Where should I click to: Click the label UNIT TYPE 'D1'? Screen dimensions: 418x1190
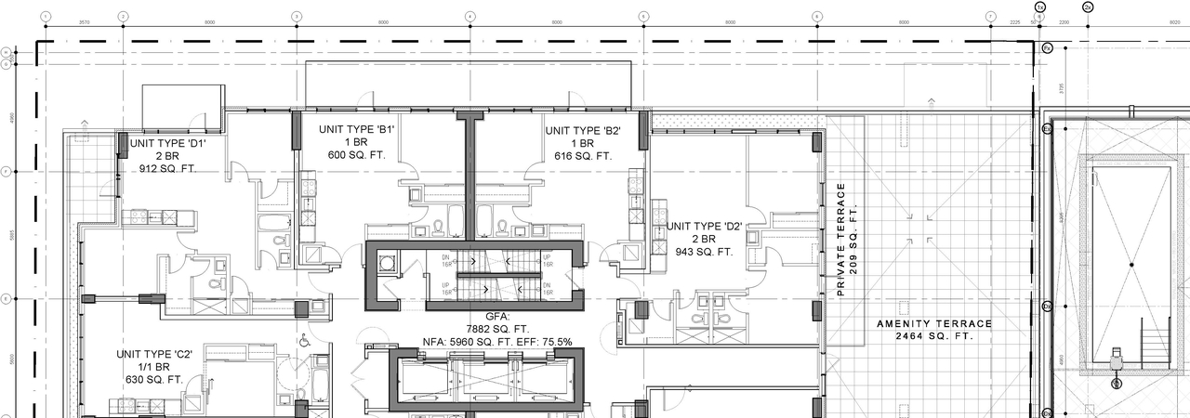168,144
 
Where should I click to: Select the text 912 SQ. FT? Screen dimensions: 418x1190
168,170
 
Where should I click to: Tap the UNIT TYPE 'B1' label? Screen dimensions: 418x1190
358,130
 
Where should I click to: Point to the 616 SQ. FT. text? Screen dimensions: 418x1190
583,156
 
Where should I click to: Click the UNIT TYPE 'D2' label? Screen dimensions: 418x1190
704,226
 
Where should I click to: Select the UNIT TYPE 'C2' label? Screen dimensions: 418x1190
153,354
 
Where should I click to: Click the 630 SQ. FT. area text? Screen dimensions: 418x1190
153,380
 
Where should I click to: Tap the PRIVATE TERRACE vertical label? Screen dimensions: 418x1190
841,240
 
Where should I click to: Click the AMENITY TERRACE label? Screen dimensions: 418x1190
935,324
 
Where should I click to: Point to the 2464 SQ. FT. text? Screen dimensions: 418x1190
935,336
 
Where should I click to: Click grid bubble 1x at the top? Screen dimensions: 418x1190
1040,7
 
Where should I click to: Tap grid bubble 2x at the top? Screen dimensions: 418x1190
1088,7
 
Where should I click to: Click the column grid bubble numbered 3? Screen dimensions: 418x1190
297,16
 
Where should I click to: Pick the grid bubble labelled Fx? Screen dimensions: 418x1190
1047,47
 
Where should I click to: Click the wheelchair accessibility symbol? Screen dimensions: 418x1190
304,341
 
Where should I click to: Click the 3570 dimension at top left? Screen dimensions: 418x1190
84,20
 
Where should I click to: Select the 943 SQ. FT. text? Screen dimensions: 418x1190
704,252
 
